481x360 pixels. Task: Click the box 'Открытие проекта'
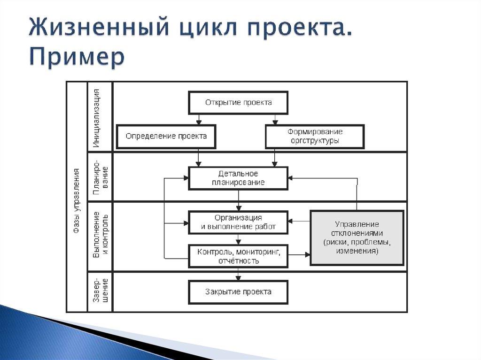tap(238, 103)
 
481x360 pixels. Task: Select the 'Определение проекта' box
tap(166, 136)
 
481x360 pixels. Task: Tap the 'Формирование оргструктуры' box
tap(315, 136)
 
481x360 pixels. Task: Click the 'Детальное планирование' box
tap(238, 178)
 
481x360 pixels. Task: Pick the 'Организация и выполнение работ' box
tap(238, 222)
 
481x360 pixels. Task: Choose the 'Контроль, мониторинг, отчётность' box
tap(238, 256)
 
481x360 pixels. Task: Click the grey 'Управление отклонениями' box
tap(357, 238)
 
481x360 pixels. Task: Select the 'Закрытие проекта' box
tap(238, 292)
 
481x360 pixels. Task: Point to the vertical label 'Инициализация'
tap(100, 116)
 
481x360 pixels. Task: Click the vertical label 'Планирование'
tap(100, 176)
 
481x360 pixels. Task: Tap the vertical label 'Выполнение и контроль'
tap(100, 236)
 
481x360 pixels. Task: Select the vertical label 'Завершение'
tap(100, 291)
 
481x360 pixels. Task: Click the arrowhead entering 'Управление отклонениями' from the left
tap(308, 255)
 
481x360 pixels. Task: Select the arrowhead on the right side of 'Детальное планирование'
tap(291, 178)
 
